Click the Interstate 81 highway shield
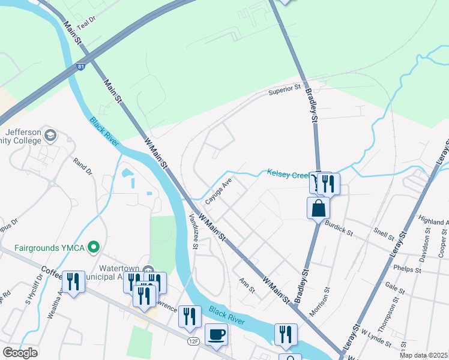tap(80, 67)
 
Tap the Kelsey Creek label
tap(288, 175)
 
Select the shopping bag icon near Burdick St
tap(318, 209)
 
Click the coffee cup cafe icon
tap(216, 334)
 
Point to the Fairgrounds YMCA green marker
tap(93, 247)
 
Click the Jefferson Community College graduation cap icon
tap(50, 134)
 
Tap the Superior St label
tap(284, 90)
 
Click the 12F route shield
tap(193, 341)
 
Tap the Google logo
tap(20, 352)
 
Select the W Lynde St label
tap(376, 337)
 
